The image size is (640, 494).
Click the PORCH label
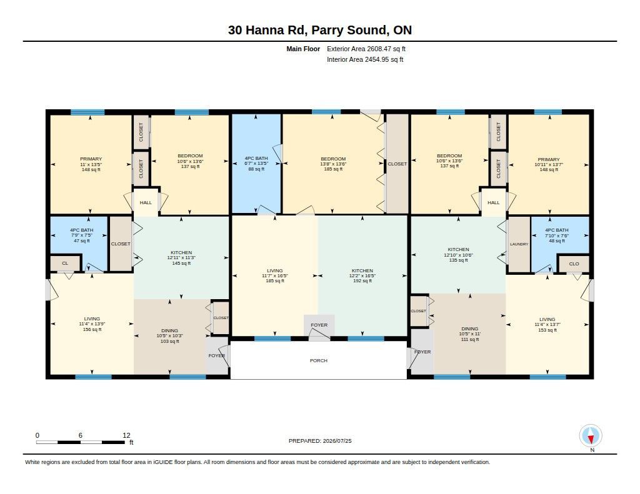(x=318, y=360)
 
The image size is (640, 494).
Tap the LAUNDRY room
(x=519, y=244)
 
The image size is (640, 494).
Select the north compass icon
(x=591, y=436)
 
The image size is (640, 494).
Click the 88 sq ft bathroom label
(x=256, y=169)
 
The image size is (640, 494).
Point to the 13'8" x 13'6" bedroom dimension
(x=333, y=164)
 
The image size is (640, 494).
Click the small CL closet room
(x=65, y=263)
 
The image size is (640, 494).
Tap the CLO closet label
(x=574, y=264)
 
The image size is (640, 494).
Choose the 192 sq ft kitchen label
(x=362, y=281)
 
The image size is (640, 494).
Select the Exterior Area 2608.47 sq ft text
(x=366, y=49)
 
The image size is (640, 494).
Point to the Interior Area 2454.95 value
(x=365, y=59)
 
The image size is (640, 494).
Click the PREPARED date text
(x=320, y=440)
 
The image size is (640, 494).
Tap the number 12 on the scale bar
(x=126, y=435)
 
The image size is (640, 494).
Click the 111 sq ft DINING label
(x=470, y=333)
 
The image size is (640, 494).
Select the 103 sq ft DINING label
(x=170, y=336)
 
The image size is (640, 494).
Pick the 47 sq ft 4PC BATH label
(x=82, y=235)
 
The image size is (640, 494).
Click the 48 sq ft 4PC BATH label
(x=557, y=235)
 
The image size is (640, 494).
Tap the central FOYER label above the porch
(x=319, y=325)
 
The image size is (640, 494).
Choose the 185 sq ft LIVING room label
(x=275, y=276)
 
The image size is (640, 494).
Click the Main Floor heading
(x=303, y=49)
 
